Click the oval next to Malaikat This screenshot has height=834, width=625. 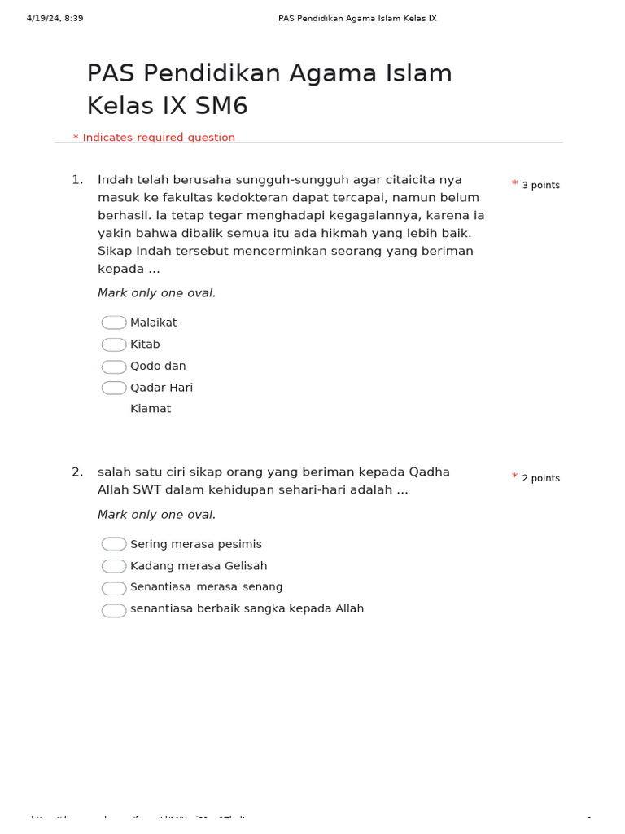point(114,323)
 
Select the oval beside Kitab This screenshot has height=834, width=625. point(114,345)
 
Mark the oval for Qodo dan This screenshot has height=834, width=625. point(114,367)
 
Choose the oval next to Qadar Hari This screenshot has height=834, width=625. point(114,388)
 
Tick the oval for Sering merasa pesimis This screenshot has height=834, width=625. point(114,544)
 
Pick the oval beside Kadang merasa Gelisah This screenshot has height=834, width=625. point(114,566)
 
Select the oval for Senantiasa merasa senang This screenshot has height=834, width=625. point(114,588)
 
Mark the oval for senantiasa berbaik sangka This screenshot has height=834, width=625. point(114,610)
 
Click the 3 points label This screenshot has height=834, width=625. point(540,186)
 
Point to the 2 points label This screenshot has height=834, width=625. point(540,478)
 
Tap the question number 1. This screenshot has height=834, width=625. point(76,180)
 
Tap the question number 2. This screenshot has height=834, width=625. point(76,472)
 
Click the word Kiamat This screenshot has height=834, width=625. point(151,409)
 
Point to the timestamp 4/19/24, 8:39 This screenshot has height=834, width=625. point(55,18)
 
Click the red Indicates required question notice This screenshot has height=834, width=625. point(155,138)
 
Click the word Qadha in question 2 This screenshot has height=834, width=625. point(429,472)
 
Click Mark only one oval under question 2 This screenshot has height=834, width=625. point(157,515)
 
